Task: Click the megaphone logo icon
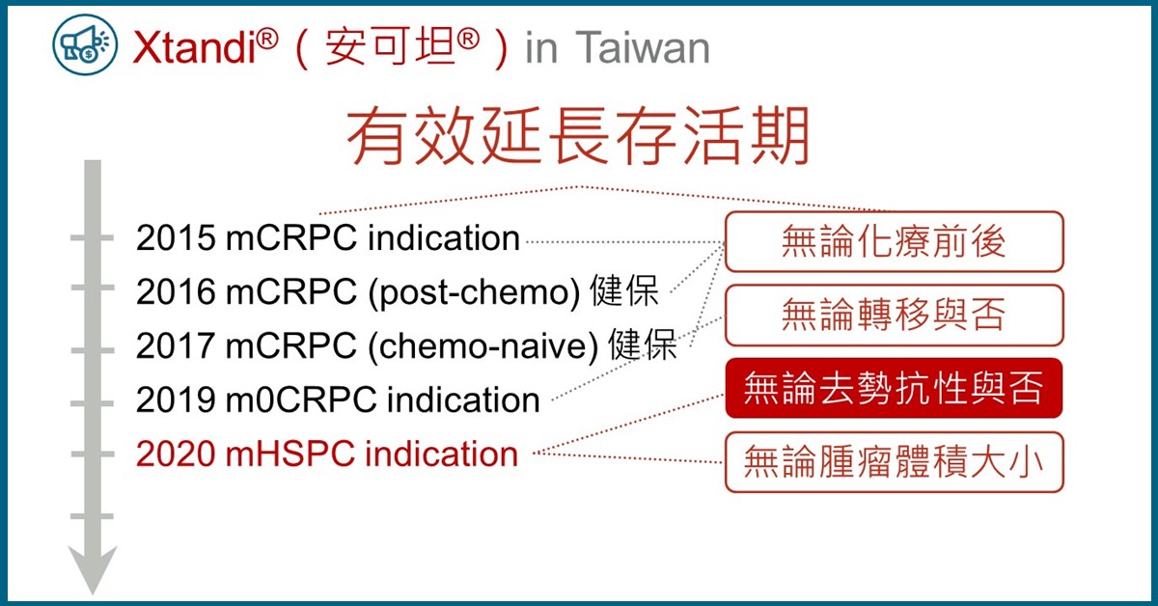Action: [x=85, y=45]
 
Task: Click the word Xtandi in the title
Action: [x=194, y=48]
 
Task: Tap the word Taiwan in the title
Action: [x=642, y=48]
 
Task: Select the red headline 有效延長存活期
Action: [x=577, y=136]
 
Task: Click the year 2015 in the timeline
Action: [x=176, y=238]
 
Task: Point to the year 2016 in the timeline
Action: [x=176, y=292]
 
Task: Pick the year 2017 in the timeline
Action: [x=176, y=345]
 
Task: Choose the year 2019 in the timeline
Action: [x=176, y=399]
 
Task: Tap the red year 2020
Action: [x=176, y=454]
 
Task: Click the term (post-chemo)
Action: [x=475, y=293]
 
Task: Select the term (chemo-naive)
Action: [x=483, y=347]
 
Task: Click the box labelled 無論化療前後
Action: [x=894, y=241]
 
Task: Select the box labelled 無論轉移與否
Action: [x=894, y=315]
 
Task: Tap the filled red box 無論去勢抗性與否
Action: [x=894, y=388]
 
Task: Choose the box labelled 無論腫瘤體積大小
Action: [x=894, y=462]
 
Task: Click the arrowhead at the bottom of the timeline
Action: [x=93, y=568]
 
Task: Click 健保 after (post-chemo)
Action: [x=624, y=290]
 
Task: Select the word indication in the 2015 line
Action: [x=444, y=238]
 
